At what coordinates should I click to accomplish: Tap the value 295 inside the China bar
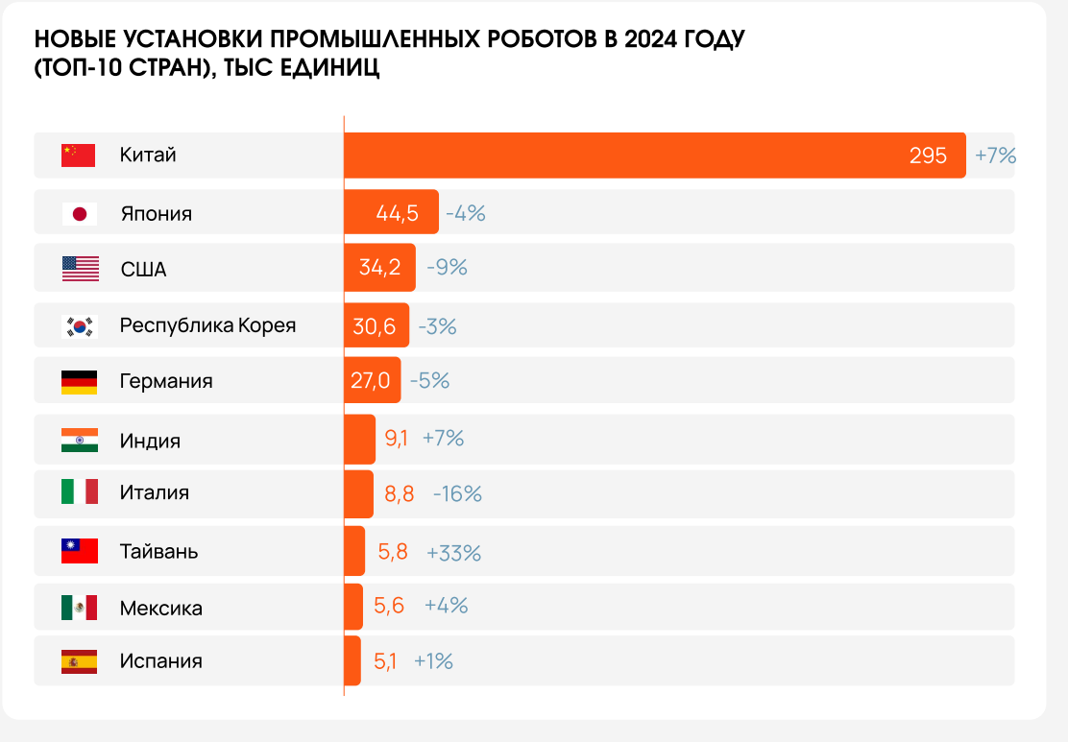click(x=928, y=156)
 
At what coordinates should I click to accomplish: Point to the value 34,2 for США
click(x=379, y=268)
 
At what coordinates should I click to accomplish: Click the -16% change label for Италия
click(x=457, y=494)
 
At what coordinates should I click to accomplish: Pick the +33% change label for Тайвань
click(x=453, y=552)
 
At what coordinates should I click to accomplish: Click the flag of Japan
click(x=80, y=213)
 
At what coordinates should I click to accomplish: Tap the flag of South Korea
click(x=80, y=325)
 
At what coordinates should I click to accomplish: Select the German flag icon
click(x=80, y=381)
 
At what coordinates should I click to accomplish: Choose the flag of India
click(x=80, y=440)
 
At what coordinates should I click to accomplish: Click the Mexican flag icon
click(x=80, y=607)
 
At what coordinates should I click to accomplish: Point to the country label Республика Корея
click(x=207, y=325)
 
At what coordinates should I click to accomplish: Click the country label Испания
click(x=161, y=661)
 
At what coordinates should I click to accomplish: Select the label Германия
click(x=166, y=381)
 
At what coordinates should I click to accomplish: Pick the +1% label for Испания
click(x=433, y=661)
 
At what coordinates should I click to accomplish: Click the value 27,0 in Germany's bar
click(x=370, y=380)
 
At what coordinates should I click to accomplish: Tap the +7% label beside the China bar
click(x=995, y=156)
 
